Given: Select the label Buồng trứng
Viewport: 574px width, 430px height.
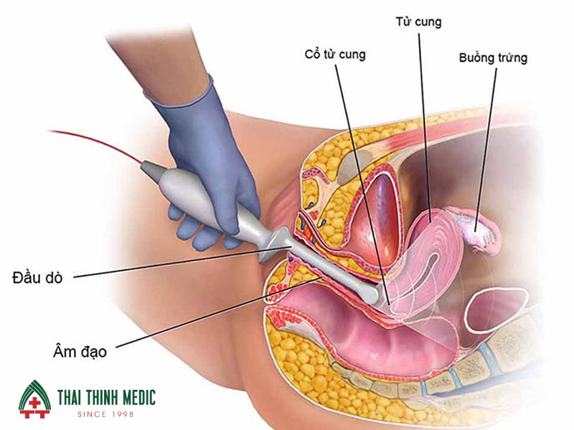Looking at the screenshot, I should (x=493, y=58).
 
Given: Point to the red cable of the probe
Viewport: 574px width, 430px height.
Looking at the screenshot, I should (x=93, y=143).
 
